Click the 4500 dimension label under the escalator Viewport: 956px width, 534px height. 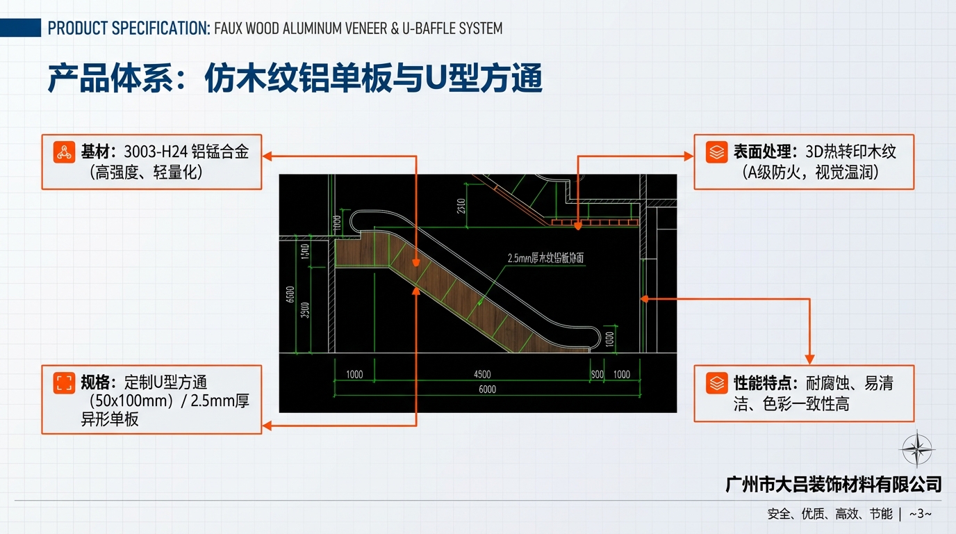pos(481,375)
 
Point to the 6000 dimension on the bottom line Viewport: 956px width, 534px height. pos(487,389)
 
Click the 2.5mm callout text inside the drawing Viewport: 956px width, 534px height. pos(545,258)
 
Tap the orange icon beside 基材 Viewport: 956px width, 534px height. pos(65,152)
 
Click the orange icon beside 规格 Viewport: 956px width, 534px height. pos(65,382)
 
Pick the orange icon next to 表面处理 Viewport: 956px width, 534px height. pos(716,152)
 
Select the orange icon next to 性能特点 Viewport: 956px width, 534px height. pos(716,383)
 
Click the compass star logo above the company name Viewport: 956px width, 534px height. pos(916,448)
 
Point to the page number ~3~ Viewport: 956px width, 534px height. pos(920,514)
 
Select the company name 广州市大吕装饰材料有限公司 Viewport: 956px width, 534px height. pos(833,484)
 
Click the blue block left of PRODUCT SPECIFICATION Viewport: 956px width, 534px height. pos(20,29)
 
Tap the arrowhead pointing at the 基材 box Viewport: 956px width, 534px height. pos(267,156)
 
